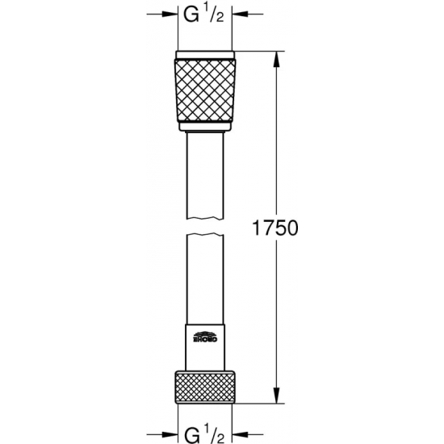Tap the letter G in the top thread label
tap(191, 15)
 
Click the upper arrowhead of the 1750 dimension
tap(279, 59)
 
